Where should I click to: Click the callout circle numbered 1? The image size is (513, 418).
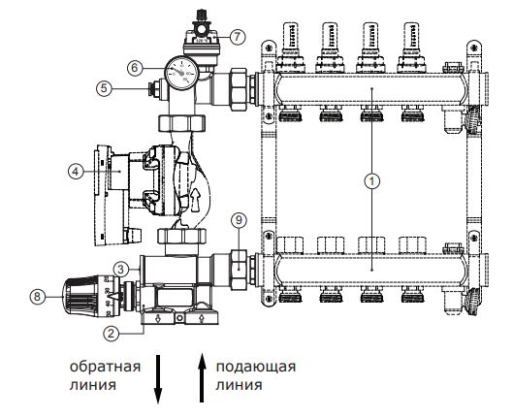coord(372,180)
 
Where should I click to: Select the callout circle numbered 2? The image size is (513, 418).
coord(112,334)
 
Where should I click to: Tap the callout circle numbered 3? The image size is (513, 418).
coord(120,270)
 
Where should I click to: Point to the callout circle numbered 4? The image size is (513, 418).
coord(76,171)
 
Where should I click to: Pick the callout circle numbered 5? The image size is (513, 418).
coord(104,88)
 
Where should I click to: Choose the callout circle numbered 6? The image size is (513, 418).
coord(135,68)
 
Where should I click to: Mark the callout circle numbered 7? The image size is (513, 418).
coord(237,36)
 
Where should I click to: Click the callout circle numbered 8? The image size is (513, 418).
coord(37,297)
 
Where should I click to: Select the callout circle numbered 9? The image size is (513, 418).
coord(239,220)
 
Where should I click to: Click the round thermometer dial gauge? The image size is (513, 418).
coord(182,74)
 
